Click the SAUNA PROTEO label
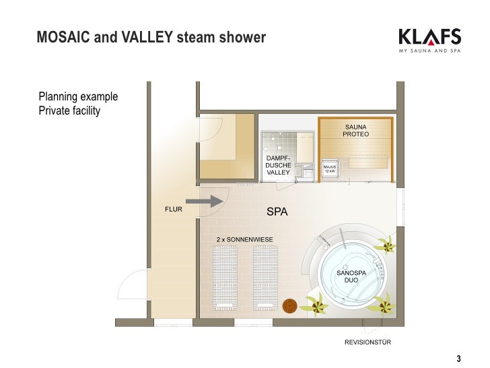tap(357, 131)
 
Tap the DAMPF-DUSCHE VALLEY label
tap(278, 165)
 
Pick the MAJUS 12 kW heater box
tap(330, 168)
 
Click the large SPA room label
tap(277, 212)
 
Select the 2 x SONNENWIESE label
tap(244, 239)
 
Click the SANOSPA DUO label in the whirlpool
tap(351, 276)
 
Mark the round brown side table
tap(290, 307)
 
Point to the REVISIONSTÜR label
tap(367, 342)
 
